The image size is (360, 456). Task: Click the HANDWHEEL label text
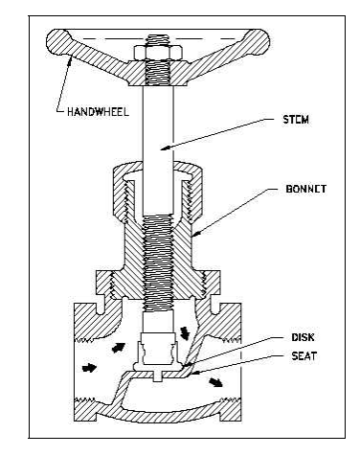[x=98, y=112]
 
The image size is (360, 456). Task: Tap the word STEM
[x=296, y=120]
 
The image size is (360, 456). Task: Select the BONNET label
[x=306, y=189]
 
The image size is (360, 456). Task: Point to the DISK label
[x=303, y=337]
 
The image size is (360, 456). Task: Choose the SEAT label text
[x=304, y=355]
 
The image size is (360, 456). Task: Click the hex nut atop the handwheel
[x=158, y=53]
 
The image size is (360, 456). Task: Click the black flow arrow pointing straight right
[x=89, y=368]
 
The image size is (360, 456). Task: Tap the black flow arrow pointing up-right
[x=118, y=348]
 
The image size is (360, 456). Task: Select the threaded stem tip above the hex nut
[x=158, y=40]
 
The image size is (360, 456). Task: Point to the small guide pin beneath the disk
[x=158, y=376]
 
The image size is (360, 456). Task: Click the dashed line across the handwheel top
[x=158, y=39]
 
